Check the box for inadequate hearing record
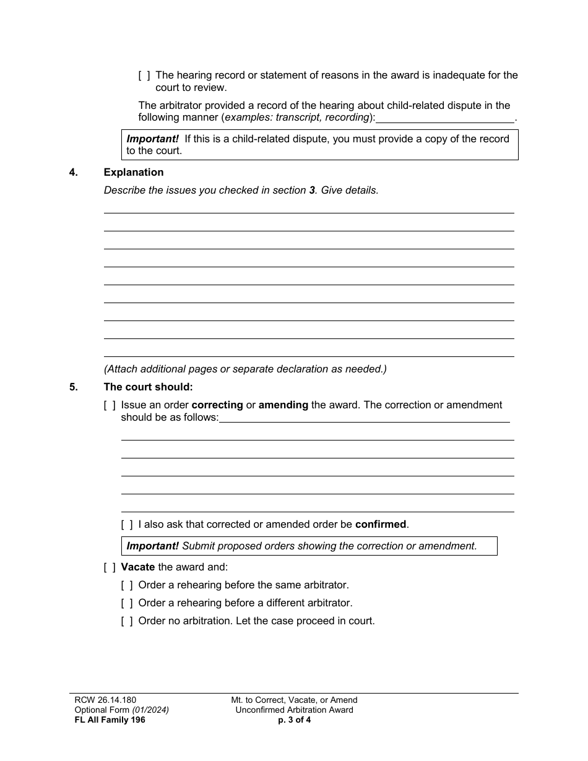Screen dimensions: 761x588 tap(144, 75)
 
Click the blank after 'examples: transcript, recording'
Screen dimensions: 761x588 tap(445, 118)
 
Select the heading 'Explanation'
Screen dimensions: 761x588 tap(134, 173)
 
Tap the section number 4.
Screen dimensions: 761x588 tap(74, 173)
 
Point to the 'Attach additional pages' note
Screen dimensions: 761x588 tap(245, 369)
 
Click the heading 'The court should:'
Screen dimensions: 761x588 tap(149, 387)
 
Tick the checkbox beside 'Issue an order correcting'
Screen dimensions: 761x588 tap(110, 405)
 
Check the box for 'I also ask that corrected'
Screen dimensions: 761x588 tap(127, 525)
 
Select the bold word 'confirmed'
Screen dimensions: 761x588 tap(381, 525)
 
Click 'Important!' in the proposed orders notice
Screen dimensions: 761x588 tap(153, 546)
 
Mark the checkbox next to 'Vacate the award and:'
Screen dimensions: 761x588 tap(110, 567)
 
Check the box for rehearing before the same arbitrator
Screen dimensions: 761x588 tap(127, 585)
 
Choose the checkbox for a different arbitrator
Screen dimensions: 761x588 tap(127, 603)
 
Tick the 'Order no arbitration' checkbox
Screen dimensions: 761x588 tap(127, 621)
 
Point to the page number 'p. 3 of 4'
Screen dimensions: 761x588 tap(295, 720)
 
